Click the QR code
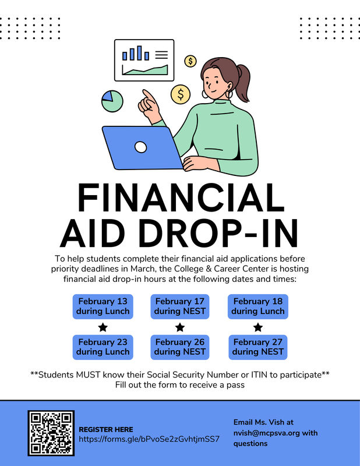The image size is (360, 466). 51,433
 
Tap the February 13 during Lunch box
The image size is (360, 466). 103,306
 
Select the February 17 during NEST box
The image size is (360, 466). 180,306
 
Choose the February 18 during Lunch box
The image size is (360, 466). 257,306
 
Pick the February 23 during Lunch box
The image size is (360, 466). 103,347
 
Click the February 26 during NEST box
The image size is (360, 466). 180,347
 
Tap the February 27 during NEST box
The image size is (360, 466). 257,347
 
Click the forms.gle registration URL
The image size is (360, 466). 149,439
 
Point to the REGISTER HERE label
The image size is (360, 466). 105,429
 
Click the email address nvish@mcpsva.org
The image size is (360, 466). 259,433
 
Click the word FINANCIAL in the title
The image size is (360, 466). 179,199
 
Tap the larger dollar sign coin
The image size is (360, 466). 181,93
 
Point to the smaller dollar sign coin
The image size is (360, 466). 190,61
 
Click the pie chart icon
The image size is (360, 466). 112,101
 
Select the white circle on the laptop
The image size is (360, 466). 140,147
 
